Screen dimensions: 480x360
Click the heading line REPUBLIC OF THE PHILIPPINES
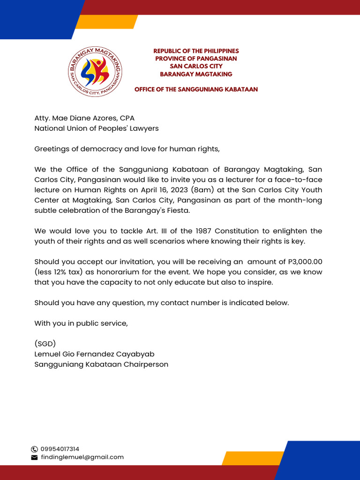point(196,51)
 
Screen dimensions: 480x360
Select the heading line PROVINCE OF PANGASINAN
point(196,59)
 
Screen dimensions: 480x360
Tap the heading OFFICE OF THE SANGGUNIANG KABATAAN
point(196,89)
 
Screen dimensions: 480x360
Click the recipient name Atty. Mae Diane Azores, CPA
point(84,118)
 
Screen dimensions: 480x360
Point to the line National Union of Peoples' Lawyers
point(96,128)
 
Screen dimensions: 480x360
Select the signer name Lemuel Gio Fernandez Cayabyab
point(94,354)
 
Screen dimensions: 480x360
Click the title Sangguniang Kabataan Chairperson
point(101,364)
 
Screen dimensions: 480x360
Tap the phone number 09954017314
point(60,449)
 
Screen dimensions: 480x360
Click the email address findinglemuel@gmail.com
point(82,457)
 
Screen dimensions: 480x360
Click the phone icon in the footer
point(34,449)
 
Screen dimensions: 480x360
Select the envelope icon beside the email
point(34,457)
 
